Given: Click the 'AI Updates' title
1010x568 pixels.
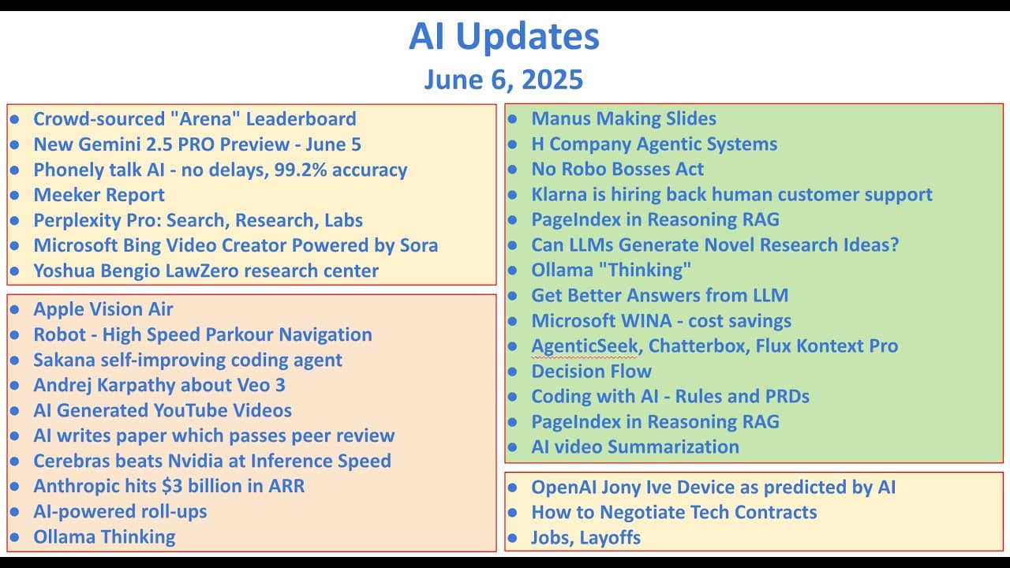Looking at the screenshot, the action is click(504, 37).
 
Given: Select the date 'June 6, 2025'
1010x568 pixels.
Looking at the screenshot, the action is click(503, 80).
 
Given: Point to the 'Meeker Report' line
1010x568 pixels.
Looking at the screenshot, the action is click(99, 195).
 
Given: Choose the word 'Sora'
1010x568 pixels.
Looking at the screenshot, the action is click(419, 245).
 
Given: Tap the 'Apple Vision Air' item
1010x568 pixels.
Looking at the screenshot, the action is click(103, 309).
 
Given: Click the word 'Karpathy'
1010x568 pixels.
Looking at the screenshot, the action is click(136, 386).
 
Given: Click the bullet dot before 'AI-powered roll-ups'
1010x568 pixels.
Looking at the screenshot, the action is click(15, 512).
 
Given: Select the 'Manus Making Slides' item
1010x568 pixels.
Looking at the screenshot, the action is click(623, 118).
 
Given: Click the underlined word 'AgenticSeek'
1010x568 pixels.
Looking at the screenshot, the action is click(585, 346).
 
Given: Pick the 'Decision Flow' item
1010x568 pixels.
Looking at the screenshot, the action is click(591, 372).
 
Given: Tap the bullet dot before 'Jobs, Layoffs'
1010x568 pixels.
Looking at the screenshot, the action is click(513, 538).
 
